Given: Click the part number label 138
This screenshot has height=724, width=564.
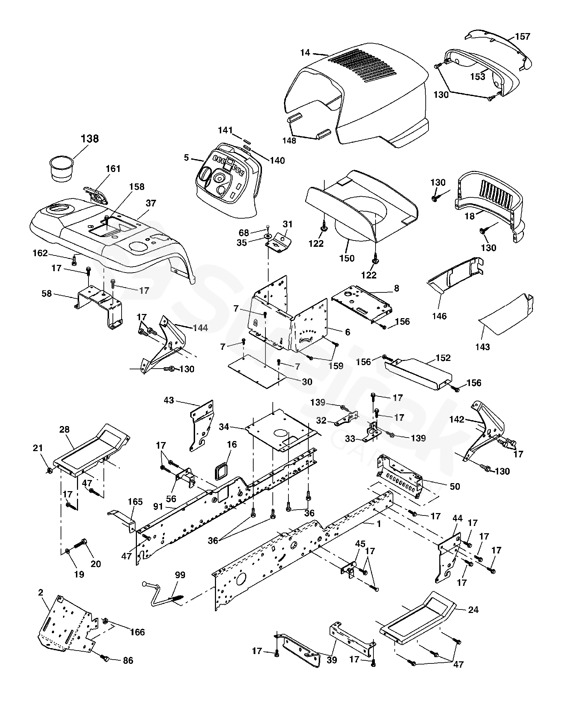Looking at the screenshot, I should pyautogui.click(x=90, y=139).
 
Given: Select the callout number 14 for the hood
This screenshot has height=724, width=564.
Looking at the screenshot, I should pyautogui.click(x=305, y=53).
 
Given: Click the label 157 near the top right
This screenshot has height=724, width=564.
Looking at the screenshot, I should pyautogui.click(x=523, y=37).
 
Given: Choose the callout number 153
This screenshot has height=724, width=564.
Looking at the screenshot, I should pyautogui.click(x=478, y=77).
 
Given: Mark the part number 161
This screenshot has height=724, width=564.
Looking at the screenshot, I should pyautogui.click(x=113, y=169).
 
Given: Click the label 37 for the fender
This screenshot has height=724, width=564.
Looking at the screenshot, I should pyautogui.click(x=151, y=203).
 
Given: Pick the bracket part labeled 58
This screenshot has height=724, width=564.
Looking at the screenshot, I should pyautogui.click(x=101, y=306).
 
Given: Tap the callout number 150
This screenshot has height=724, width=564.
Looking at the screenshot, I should pyautogui.click(x=347, y=258).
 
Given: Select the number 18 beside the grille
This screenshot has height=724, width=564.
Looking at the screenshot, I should pyautogui.click(x=470, y=216).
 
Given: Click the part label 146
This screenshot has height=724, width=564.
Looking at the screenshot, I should pyautogui.click(x=439, y=316).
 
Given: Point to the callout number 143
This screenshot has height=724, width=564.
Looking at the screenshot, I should pyautogui.click(x=482, y=347).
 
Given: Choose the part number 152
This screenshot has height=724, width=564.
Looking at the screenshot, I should pyautogui.click(x=443, y=358).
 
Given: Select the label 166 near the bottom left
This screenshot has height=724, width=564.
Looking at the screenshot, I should pyautogui.click(x=137, y=632).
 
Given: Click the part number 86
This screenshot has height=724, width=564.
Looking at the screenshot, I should pyautogui.click(x=128, y=660).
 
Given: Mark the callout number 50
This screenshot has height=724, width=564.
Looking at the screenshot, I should pyautogui.click(x=455, y=486).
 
